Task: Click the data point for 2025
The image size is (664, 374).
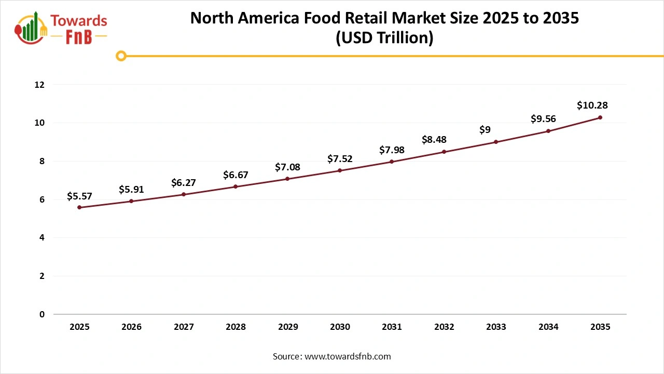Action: (79, 207)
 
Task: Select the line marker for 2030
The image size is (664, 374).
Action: (340, 170)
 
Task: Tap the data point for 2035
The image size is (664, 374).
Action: (600, 117)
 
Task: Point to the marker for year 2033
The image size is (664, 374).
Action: (496, 142)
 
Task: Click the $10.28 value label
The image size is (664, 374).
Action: (592, 105)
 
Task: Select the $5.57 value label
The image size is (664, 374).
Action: (79, 196)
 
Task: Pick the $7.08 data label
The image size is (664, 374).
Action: (287, 167)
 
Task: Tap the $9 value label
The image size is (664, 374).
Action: (485, 129)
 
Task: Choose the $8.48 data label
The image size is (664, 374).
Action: (434, 139)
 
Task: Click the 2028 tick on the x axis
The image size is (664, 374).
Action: (236, 327)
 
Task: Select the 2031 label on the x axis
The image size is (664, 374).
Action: (392, 327)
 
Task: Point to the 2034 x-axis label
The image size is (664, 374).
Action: (548, 327)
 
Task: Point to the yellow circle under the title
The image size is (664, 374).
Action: (121, 56)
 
